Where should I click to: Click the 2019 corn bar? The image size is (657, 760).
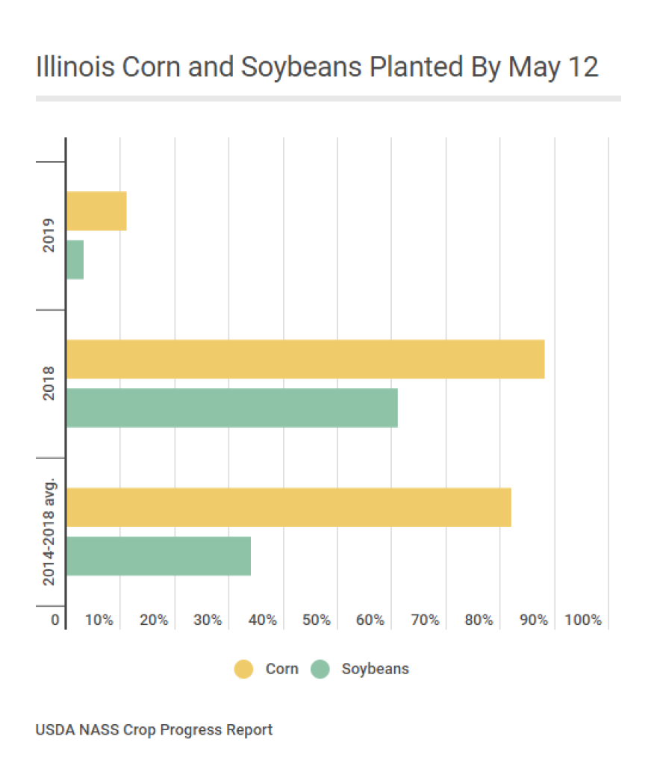[96, 211]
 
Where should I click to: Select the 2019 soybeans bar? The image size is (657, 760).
[75, 259]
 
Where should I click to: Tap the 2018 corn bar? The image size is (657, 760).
[305, 359]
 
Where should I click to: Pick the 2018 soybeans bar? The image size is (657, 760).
[231, 408]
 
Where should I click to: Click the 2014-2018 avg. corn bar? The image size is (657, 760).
[288, 507]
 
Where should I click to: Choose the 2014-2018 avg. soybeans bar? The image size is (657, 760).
[158, 555]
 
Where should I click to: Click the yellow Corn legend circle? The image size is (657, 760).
[244, 669]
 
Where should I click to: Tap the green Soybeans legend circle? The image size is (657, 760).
[320, 669]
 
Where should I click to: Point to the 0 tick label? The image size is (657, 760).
[55, 620]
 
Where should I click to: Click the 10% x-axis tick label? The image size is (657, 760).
[99, 620]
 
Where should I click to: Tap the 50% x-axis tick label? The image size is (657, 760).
[316, 620]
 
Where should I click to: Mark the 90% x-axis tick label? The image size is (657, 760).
[533, 620]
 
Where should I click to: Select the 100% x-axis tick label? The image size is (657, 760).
[583, 620]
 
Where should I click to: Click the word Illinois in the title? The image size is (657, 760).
[74, 67]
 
